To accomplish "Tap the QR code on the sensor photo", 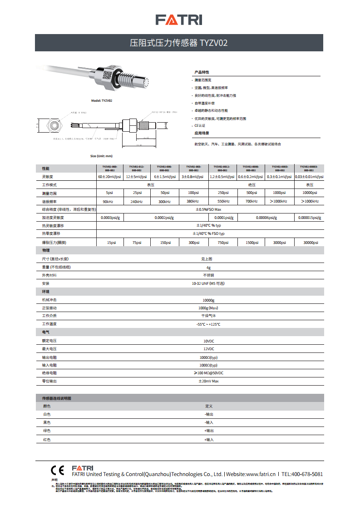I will [x=107, y=74].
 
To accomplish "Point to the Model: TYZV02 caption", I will [x=102, y=100].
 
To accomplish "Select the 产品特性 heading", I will [x=202, y=72].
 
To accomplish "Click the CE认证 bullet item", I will [x=200, y=125].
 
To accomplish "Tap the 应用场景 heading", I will [x=202, y=133].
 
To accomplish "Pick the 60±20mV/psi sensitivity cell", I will [x=109, y=177].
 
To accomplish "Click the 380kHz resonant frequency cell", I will [x=193, y=201].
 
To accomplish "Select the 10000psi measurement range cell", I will [x=310, y=193].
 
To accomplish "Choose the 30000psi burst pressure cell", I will [x=310, y=243].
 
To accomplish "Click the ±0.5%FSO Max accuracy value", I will [x=208, y=209].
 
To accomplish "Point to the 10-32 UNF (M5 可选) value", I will [x=208, y=283].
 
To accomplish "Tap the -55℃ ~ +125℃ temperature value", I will [x=208, y=324].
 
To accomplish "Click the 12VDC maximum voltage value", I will [x=208, y=349].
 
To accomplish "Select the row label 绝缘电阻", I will [x=49, y=373].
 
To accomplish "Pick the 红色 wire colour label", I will [x=47, y=440].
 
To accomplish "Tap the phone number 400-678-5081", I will [x=308, y=474].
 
